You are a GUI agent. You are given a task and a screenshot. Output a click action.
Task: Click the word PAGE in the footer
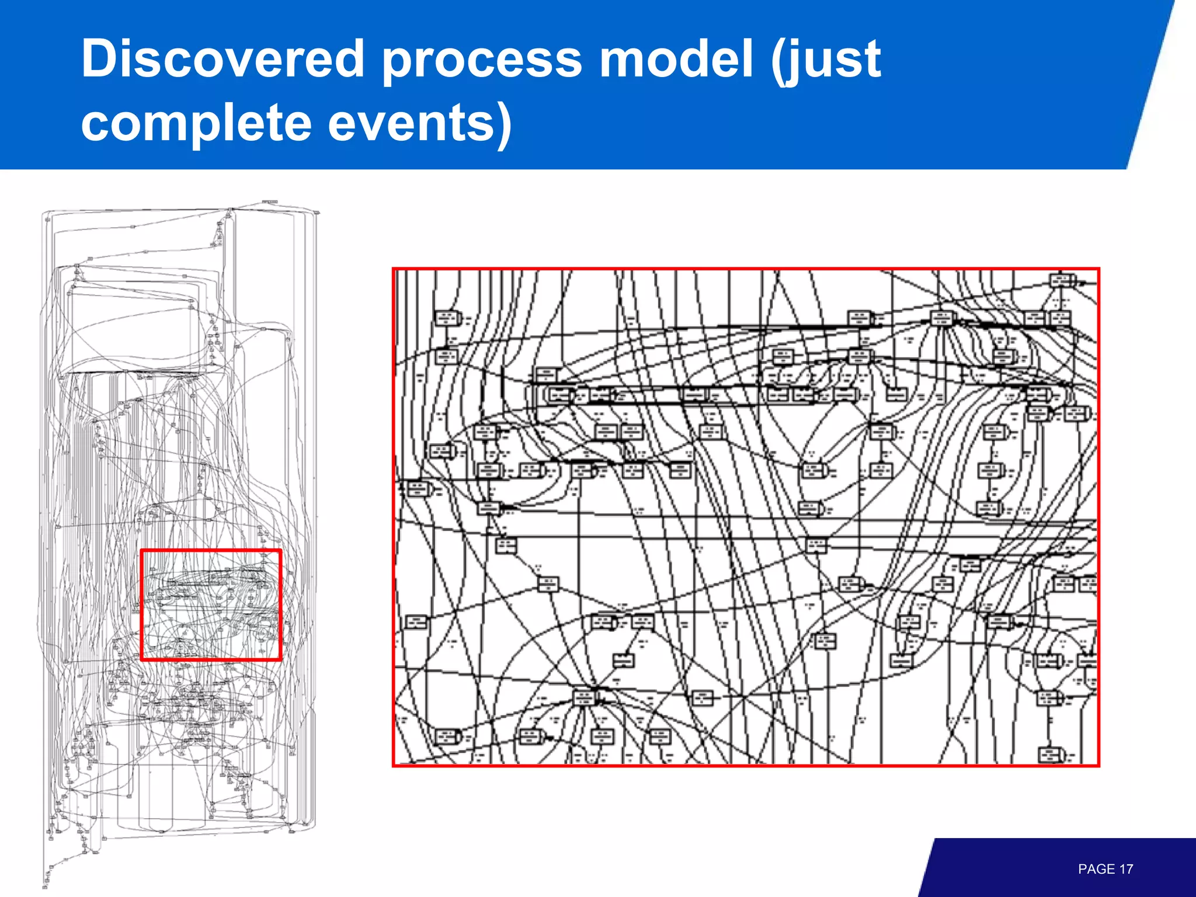(1096, 869)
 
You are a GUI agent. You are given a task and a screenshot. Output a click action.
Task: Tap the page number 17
(1126, 869)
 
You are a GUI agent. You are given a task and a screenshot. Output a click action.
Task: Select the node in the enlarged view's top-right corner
(1061, 280)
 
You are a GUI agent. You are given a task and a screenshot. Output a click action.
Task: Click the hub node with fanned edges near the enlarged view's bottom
(585, 697)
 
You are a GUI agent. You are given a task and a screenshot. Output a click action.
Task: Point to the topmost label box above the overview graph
(269, 202)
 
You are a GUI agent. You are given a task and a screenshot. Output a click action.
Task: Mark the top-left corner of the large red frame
(394, 269)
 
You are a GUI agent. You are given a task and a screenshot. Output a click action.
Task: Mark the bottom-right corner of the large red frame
(1098, 765)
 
